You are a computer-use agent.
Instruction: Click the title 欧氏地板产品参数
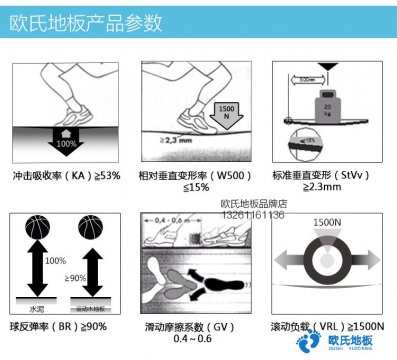(70, 19)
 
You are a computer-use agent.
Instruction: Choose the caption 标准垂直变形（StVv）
(331, 176)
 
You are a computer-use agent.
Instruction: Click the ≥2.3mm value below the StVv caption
(331, 190)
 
